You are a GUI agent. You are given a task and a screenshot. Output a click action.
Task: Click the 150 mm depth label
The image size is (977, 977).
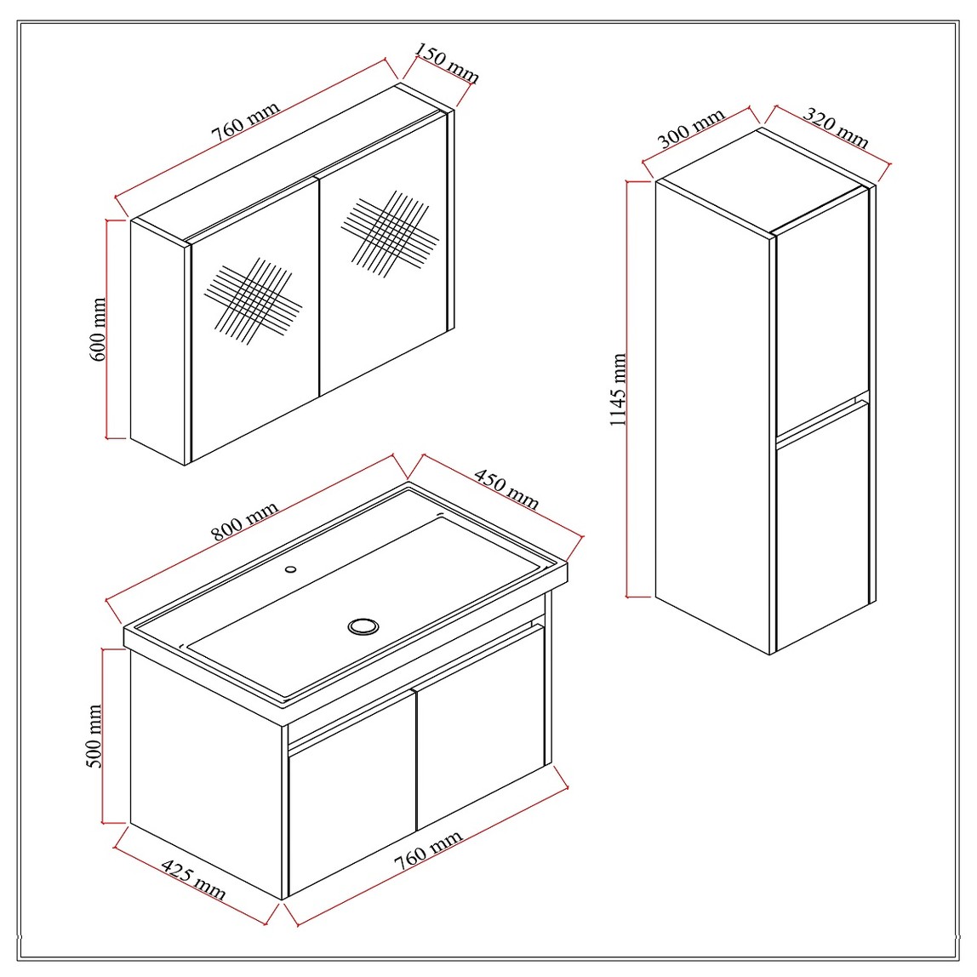point(447,63)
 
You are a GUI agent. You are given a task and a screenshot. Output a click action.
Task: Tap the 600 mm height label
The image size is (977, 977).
point(98,329)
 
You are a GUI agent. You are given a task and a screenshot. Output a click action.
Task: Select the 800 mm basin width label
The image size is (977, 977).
point(243,521)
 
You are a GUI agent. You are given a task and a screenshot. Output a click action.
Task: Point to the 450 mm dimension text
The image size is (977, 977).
point(506,489)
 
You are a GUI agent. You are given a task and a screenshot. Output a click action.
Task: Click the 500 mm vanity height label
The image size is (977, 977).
point(94,736)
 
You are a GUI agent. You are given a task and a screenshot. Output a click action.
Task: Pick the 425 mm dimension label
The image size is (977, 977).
point(193,879)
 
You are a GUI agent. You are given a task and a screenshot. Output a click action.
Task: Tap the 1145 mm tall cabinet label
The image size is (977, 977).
point(618,390)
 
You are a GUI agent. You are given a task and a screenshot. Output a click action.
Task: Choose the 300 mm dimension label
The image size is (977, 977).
point(691,128)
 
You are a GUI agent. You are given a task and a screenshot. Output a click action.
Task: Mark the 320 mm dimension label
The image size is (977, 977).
point(836,128)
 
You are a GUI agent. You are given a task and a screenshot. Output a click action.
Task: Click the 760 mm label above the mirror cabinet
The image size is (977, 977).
point(245,123)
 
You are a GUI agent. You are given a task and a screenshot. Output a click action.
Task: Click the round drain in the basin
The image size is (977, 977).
point(363,626)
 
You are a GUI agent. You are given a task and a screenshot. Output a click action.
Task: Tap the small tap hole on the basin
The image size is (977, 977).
point(290,568)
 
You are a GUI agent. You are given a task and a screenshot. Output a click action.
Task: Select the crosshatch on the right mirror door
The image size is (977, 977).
point(390,234)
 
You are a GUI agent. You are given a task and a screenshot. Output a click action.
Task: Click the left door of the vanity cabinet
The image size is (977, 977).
point(352,791)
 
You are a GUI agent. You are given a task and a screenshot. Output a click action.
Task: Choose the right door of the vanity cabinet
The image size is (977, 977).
point(481,727)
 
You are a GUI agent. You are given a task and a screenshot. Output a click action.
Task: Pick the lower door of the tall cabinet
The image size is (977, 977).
point(822,525)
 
